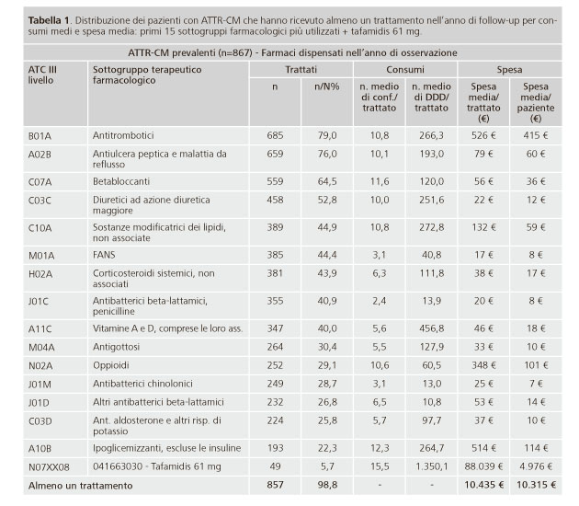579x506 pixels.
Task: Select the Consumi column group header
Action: tap(405, 70)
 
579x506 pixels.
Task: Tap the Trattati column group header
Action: tap(301, 70)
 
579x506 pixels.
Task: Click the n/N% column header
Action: tap(327, 86)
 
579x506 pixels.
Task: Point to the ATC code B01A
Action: tap(40, 136)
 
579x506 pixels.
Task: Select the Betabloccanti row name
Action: tap(121, 181)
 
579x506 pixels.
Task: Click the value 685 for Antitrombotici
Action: tap(275, 135)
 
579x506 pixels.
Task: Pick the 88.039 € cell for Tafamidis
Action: tap(483, 466)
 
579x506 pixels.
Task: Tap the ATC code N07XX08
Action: tap(49, 467)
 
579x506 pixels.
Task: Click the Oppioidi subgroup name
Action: tap(111, 365)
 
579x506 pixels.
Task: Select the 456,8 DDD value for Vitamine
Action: tap(431, 328)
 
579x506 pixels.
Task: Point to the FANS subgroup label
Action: tap(104, 255)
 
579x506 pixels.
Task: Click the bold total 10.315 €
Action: tap(536, 485)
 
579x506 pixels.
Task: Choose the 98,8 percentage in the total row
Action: tap(327, 485)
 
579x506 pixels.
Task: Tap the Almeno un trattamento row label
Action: tap(81, 486)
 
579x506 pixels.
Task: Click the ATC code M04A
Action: tap(40, 348)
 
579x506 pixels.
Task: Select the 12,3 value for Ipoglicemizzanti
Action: tap(380, 448)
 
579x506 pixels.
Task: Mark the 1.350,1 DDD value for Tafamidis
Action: tap(431, 466)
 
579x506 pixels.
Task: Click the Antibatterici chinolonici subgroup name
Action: tap(142, 384)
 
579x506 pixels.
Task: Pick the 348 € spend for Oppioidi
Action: tap(483, 365)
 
